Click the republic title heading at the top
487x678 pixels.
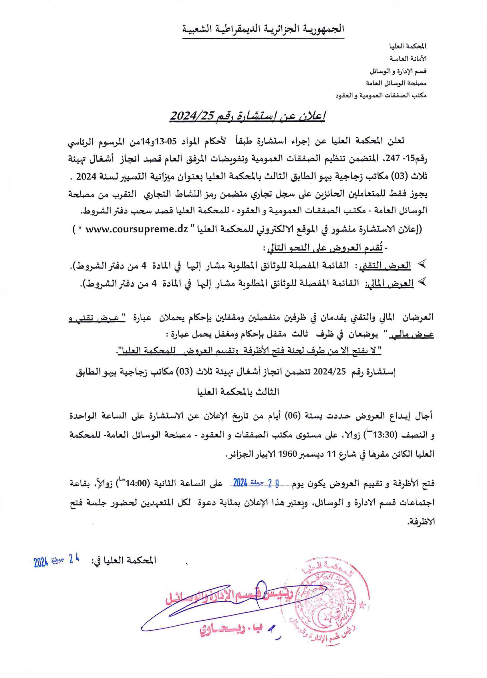point(263,30)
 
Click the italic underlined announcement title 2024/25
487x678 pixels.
point(247,115)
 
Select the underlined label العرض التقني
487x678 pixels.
point(394,266)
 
